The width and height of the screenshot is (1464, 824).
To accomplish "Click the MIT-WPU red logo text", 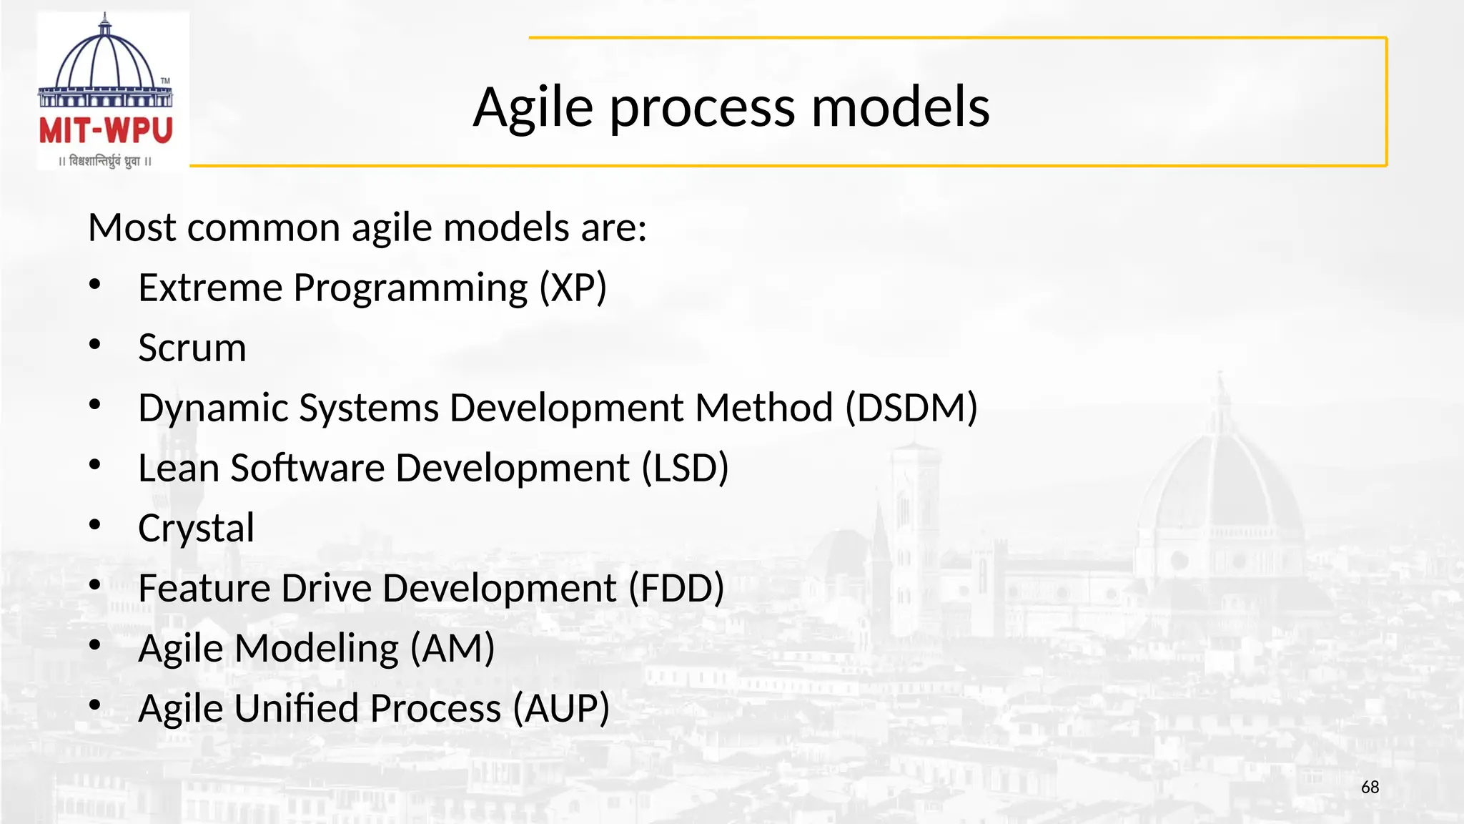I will (x=106, y=131).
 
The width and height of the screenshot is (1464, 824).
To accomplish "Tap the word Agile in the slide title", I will (x=533, y=107).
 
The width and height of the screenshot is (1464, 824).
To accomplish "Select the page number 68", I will (x=1370, y=788).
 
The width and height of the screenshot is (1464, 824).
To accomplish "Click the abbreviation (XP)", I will (x=573, y=288).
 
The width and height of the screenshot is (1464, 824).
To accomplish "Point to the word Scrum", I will (x=192, y=348).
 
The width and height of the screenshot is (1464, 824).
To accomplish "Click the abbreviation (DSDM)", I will (x=911, y=408).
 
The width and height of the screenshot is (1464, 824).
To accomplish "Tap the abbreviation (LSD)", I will (x=685, y=469).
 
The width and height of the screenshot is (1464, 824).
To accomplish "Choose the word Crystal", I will (x=196, y=529).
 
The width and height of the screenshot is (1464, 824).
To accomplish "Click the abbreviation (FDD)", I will (x=676, y=589).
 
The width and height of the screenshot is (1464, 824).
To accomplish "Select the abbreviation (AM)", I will (x=452, y=649).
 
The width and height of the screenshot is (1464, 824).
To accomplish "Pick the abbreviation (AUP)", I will (x=561, y=709).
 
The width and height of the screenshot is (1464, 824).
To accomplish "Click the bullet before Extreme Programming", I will (x=95, y=285).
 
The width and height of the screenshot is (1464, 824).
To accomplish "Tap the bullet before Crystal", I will (x=95, y=526).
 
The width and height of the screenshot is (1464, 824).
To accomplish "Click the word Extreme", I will (x=210, y=288).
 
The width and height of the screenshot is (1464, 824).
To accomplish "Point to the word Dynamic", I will (x=212, y=408).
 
